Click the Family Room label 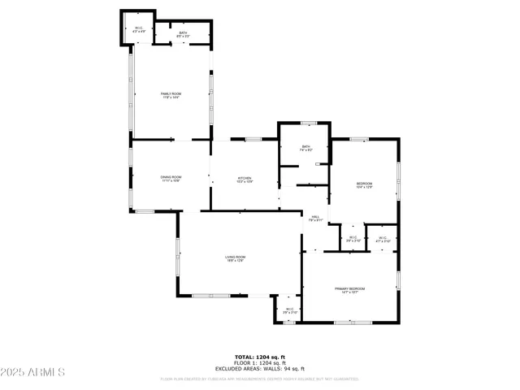(x=171, y=95)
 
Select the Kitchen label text (x=245, y=179)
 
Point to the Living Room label (x=236, y=258)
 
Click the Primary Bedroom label (x=351, y=290)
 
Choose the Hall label (x=315, y=218)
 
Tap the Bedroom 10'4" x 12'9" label (x=365, y=185)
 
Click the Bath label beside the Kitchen (x=305, y=149)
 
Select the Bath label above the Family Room (x=184, y=34)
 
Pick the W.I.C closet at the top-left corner (x=139, y=31)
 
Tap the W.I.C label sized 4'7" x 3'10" (x=383, y=240)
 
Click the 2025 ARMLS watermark (x=33, y=372)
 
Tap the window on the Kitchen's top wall (x=253, y=140)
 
